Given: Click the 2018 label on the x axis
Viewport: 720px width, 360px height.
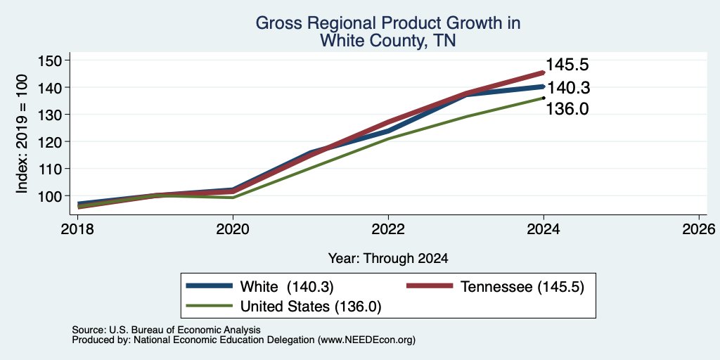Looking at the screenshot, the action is point(77,229).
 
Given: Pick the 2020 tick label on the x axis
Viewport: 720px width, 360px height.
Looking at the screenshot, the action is point(233,229).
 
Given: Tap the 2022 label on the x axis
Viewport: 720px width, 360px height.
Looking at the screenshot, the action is point(388,229).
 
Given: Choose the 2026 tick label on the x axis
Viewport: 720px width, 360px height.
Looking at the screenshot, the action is point(699,229).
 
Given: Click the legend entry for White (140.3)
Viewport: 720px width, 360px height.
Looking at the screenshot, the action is point(259,287).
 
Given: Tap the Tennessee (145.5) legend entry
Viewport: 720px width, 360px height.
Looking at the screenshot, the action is point(495,287).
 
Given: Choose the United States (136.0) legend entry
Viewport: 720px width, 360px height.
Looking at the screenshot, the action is point(283,307).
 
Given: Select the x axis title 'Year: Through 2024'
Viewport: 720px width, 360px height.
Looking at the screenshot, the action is point(388,259).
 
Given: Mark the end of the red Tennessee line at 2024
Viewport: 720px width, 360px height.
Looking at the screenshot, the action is point(544,72).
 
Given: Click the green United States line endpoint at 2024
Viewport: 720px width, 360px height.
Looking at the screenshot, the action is point(544,98).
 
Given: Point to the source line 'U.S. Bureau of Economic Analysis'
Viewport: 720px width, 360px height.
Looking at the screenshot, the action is point(185,330).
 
